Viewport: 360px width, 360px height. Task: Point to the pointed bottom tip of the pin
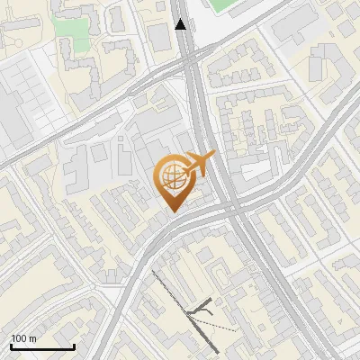pyautogui.click(x=172, y=211)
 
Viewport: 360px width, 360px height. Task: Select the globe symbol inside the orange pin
pyautogui.click(x=172, y=176)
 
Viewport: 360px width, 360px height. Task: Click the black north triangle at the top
pyautogui.click(x=181, y=24)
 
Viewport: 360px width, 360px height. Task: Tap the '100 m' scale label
pyautogui.click(x=24, y=338)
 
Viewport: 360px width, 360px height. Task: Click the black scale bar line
pyautogui.click(x=42, y=346)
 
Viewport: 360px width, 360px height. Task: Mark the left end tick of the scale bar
pyautogui.click(x=11, y=345)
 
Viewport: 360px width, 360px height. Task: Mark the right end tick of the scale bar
pyautogui.click(x=74, y=345)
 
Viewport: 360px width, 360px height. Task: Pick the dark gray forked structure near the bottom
pyautogui.click(x=202, y=310)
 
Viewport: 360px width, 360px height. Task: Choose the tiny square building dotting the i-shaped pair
pyautogui.click(x=122, y=142)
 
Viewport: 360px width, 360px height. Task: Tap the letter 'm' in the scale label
pyautogui.click(x=33, y=338)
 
